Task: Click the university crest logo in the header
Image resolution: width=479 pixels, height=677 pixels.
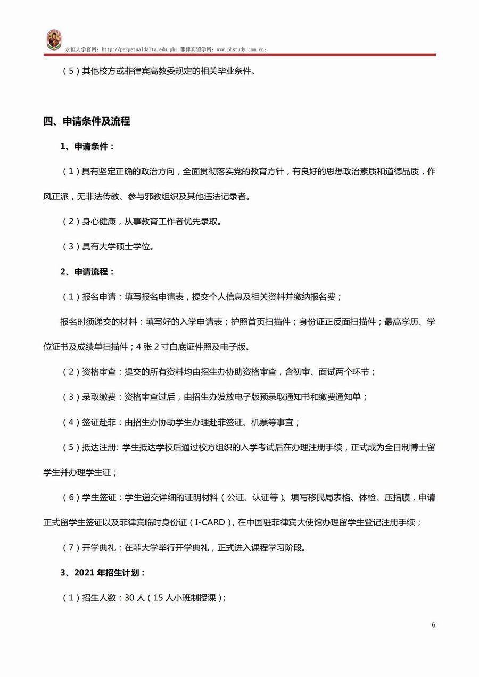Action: point(53,40)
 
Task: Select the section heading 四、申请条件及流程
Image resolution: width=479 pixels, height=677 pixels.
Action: point(87,121)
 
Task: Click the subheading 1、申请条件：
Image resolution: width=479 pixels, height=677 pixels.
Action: point(87,146)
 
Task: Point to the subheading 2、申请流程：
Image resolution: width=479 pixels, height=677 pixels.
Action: point(87,272)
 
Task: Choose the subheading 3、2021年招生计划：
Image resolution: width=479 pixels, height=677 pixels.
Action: point(103,573)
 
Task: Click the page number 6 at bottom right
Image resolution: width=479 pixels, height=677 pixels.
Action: point(433,625)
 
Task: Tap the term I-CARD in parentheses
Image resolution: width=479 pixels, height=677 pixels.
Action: point(210,523)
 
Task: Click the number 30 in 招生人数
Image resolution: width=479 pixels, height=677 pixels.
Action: point(129,598)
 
